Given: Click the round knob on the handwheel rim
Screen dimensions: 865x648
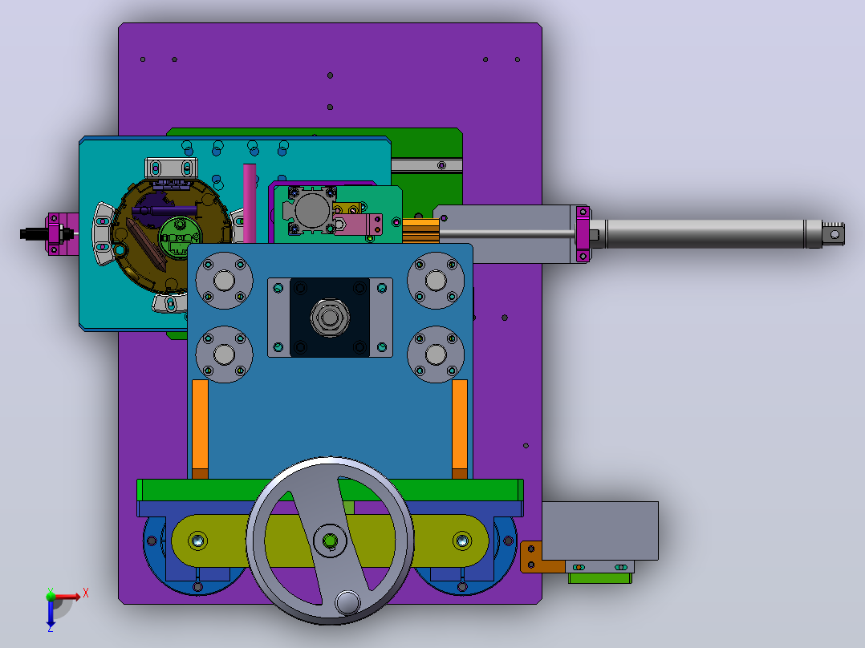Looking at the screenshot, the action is [347, 602].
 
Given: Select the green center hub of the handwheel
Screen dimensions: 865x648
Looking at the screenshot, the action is [330, 541].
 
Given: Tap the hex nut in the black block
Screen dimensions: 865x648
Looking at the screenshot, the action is [329, 318].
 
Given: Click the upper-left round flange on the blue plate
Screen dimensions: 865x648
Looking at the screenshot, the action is [224, 280].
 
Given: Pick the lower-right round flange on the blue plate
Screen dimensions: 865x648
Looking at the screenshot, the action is [436, 354].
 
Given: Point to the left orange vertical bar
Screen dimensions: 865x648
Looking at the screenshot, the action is [200, 429].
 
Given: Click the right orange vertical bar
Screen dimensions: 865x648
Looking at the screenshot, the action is [460, 429].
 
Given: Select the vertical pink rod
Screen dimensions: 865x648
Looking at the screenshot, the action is [250, 203].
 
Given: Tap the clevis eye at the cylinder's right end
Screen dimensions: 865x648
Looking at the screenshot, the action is [834, 234].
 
